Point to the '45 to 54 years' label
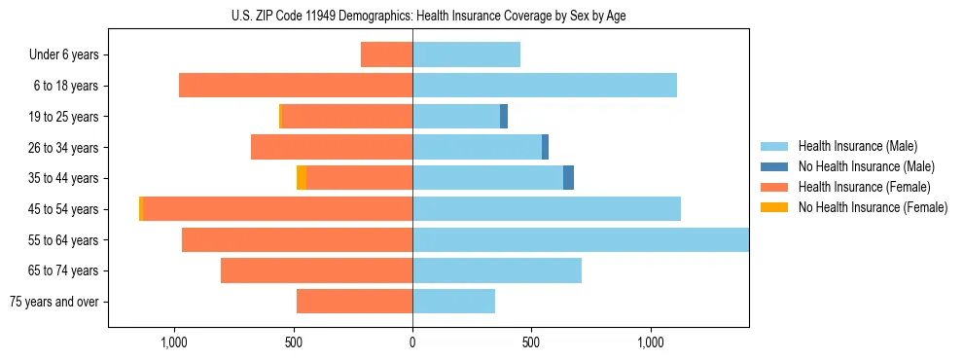64,209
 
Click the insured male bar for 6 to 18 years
545,86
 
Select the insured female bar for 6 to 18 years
296,86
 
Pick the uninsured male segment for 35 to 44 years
568,178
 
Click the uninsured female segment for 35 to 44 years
302,178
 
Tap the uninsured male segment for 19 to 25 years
504,117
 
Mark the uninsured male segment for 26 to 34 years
546,147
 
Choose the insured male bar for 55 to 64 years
581,239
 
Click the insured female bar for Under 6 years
386,54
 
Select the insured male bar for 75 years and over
453,302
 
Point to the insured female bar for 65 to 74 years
316,270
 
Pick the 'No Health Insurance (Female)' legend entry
872,207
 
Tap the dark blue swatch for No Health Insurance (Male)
774,166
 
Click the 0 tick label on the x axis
412,342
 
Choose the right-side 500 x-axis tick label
531,342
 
